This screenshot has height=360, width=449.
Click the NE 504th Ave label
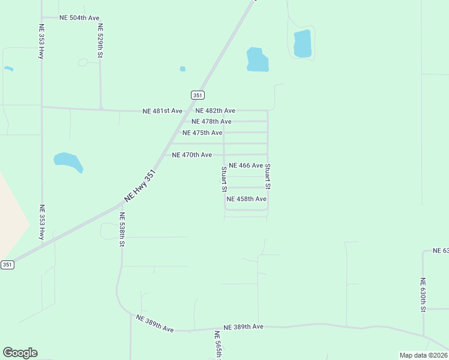pyautogui.click(x=79, y=18)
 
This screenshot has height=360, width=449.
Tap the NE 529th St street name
pyautogui.click(x=100, y=41)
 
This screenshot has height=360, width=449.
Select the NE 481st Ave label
pyautogui.click(x=162, y=111)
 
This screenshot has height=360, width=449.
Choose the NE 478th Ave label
pyautogui.click(x=211, y=122)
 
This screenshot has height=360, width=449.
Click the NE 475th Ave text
pyautogui.click(x=202, y=133)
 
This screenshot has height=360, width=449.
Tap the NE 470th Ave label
pyautogui.click(x=191, y=155)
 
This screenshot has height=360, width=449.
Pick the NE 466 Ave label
pyautogui.click(x=246, y=166)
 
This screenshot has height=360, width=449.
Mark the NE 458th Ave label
pyautogui.click(x=246, y=199)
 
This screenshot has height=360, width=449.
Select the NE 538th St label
pyautogui.click(x=121, y=230)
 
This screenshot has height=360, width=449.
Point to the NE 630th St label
pyautogui.click(x=423, y=295)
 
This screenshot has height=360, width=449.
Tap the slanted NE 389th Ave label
pyautogui.click(x=154, y=323)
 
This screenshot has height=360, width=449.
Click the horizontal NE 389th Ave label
pyautogui.click(x=243, y=327)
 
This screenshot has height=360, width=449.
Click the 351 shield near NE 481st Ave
pyautogui.click(x=198, y=95)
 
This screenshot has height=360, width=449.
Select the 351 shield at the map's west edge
pyautogui.click(x=7, y=265)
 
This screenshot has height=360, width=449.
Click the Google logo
pyautogui.click(x=20, y=353)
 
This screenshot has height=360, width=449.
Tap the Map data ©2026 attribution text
pyautogui.click(x=423, y=355)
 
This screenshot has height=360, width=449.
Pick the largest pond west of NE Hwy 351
pyautogui.click(x=68, y=161)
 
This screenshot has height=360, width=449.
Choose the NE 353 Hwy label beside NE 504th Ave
pyautogui.click(x=41, y=41)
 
